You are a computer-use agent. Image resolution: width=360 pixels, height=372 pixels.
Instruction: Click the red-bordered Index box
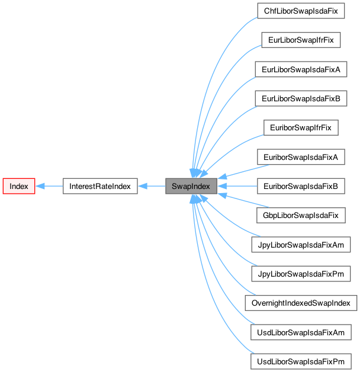click(x=19, y=186)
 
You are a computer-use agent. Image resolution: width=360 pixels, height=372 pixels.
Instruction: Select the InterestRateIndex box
click(x=100, y=186)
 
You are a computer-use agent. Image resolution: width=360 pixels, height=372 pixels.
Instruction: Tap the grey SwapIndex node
click(x=188, y=186)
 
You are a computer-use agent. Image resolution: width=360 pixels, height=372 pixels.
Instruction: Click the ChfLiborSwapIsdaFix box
click(x=301, y=11)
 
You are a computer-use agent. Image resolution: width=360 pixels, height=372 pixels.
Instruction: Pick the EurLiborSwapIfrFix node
click(x=301, y=40)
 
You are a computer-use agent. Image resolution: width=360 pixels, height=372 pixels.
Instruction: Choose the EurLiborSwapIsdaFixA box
click(x=301, y=69)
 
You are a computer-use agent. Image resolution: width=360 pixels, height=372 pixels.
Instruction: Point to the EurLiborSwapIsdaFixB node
click(x=301, y=98)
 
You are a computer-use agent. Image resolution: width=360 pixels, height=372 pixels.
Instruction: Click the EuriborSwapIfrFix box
click(x=301, y=127)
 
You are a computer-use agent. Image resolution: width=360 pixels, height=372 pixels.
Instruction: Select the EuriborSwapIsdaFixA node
click(x=301, y=157)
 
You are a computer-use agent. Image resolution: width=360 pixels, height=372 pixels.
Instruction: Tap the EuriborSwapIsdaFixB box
click(x=301, y=186)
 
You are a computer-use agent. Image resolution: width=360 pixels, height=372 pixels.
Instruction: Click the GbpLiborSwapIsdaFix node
click(x=301, y=215)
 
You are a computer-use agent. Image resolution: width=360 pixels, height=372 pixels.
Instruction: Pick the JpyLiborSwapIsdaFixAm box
click(x=301, y=244)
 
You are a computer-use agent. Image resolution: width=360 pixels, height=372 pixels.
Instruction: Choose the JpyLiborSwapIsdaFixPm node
click(x=301, y=274)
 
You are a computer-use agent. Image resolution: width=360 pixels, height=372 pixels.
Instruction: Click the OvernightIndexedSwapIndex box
click(x=301, y=303)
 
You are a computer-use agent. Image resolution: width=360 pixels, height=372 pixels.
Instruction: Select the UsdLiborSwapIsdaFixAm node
click(x=301, y=332)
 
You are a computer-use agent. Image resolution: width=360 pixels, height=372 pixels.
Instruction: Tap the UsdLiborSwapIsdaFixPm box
click(x=301, y=361)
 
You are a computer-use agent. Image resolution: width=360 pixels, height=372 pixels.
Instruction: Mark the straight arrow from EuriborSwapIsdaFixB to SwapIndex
click(x=237, y=186)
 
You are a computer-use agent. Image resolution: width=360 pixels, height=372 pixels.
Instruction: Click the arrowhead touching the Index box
click(x=40, y=186)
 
